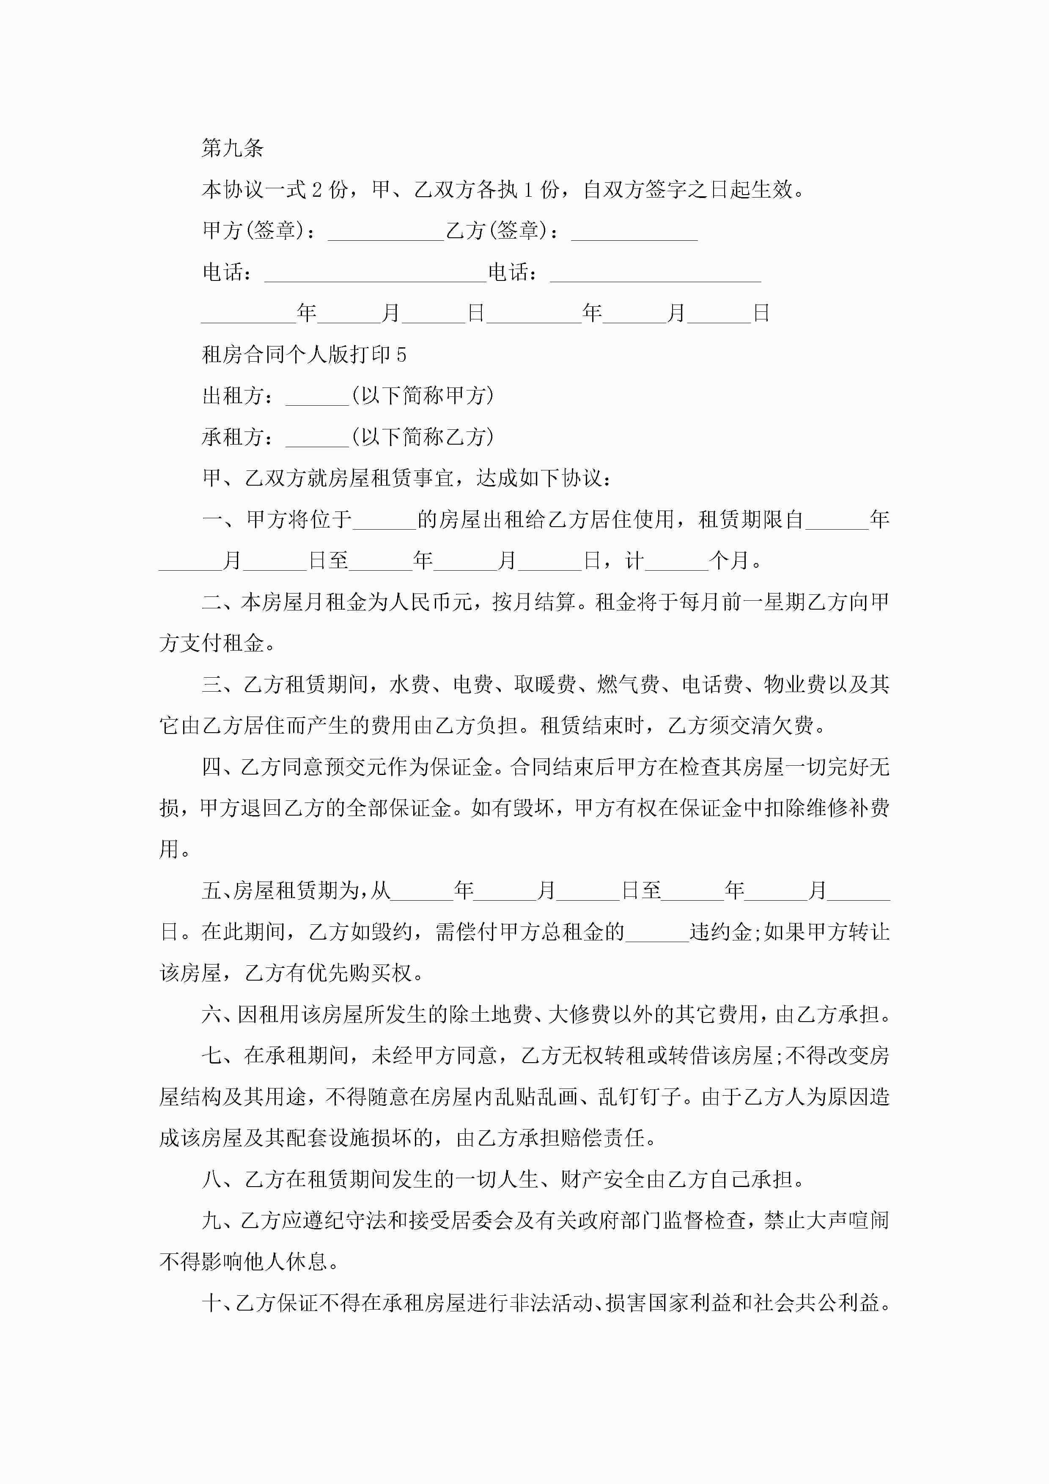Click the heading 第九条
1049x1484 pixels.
[233, 148]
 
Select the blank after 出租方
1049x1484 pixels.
[317, 398]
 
